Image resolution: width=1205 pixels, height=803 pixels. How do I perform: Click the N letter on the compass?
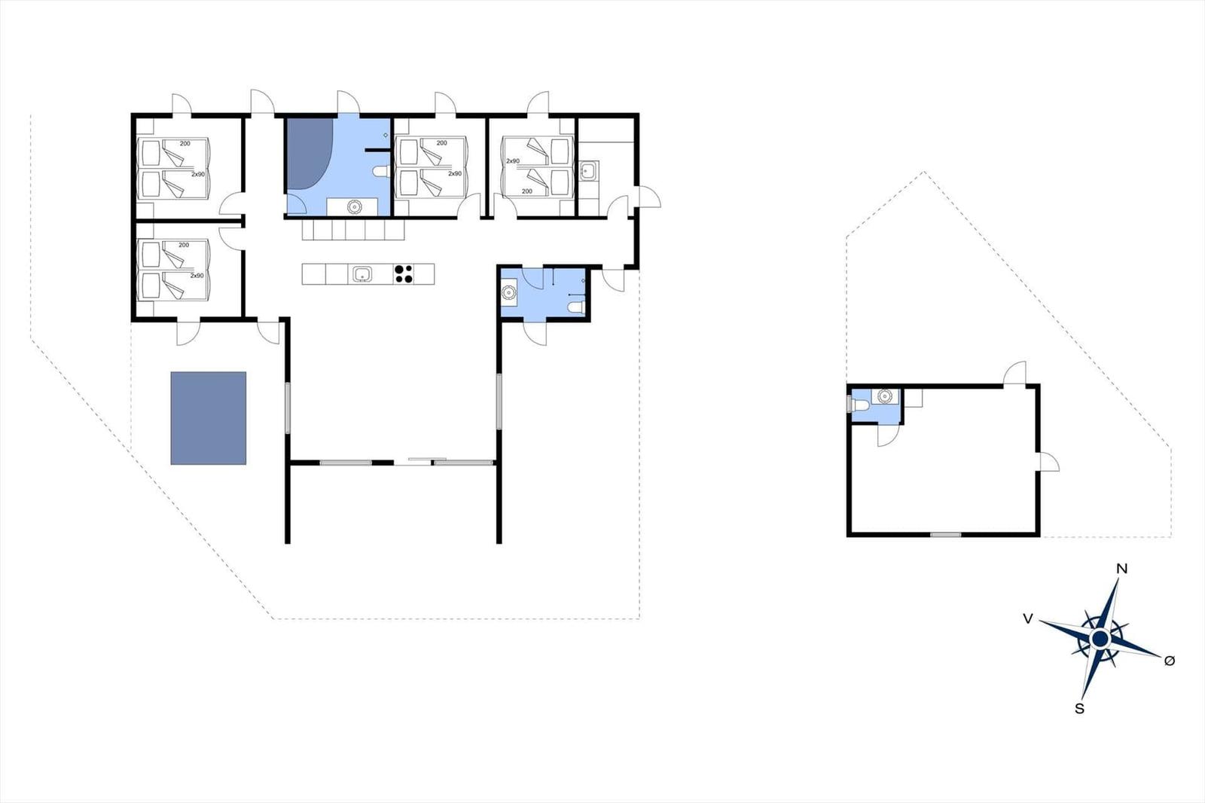click(1121, 569)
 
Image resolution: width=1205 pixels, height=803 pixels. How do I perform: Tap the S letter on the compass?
click(1079, 709)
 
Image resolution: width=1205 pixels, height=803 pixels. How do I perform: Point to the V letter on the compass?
click(1027, 619)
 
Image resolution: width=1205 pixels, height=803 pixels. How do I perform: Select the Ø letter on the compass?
click(1170, 661)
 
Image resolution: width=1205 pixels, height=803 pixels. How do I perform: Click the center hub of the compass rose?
click(1100, 640)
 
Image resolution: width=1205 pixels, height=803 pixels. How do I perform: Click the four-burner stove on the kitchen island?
click(404, 274)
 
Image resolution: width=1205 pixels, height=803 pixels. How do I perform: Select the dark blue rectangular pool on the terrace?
click(208, 417)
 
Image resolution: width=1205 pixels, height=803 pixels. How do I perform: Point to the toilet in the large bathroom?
click(381, 172)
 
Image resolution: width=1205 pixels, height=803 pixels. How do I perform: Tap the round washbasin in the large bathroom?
click(354, 206)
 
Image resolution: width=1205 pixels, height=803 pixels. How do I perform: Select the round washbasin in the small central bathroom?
click(508, 292)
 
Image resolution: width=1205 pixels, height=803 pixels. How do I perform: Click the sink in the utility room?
click(587, 171)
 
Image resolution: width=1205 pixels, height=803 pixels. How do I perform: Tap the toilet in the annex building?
click(859, 405)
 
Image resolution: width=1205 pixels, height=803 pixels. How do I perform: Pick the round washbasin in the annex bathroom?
click(884, 396)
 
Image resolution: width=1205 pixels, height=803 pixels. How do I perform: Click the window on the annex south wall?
click(946, 534)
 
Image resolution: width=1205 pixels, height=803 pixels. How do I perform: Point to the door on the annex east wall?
click(1049, 462)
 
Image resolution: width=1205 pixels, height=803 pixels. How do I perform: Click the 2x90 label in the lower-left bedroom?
click(197, 276)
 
